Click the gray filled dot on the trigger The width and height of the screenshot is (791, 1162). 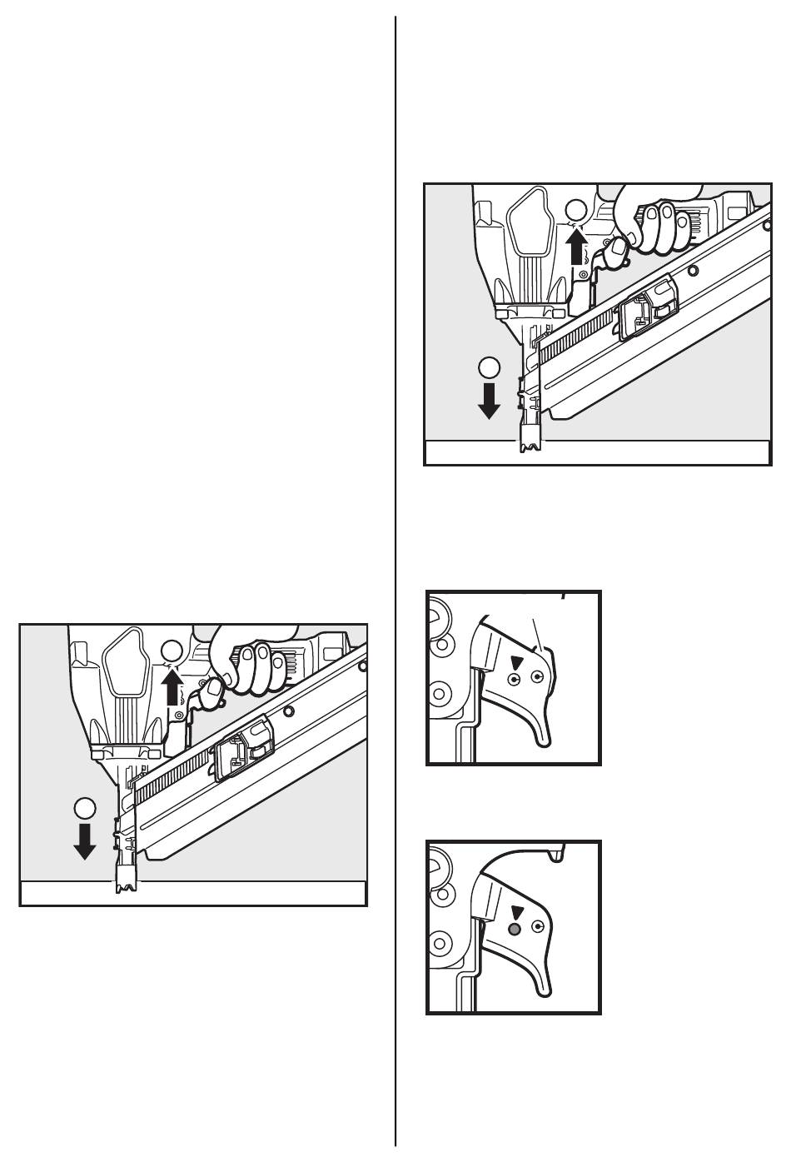click(515, 929)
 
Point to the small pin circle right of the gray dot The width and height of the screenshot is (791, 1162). click(538, 927)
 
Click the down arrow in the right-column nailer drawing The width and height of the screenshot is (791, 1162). click(489, 400)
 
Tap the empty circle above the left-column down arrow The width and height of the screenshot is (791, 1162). click(84, 807)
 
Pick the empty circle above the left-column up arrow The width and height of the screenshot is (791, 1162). click(172, 651)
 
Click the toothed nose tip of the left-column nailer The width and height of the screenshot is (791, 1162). click(128, 883)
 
